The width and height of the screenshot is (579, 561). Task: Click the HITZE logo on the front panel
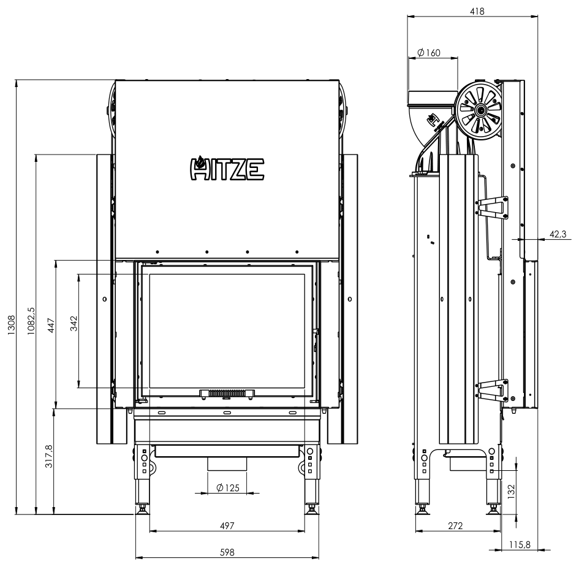point(227,169)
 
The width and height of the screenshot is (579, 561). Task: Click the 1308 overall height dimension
point(12,325)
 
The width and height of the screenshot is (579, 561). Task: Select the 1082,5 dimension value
point(31,321)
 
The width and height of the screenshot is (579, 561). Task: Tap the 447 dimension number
point(51,325)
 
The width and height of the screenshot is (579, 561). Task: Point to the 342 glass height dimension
point(74,323)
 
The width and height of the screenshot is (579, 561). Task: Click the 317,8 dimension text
point(49,456)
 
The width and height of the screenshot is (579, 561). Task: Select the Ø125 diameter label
point(228,488)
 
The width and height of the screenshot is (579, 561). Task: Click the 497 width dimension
point(227,525)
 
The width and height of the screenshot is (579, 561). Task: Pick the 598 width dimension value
point(227,552)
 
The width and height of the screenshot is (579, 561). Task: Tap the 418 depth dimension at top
point(477,12)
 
